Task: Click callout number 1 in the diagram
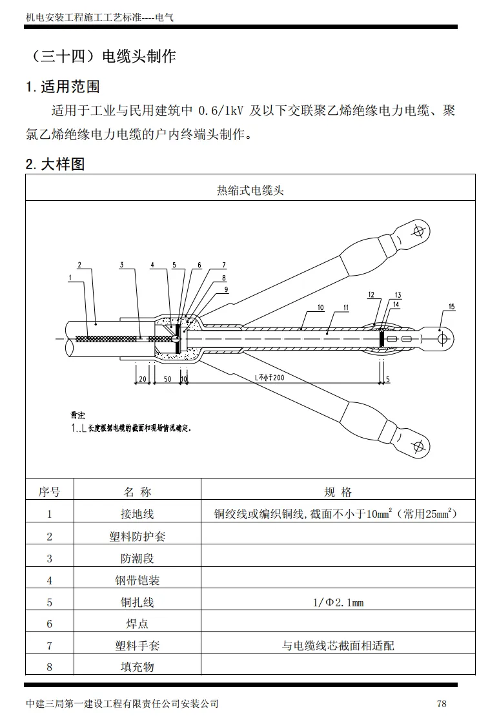(x=70, y=277)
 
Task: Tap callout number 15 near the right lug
(x=451, y=306)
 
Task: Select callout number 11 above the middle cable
(x=345, y=307)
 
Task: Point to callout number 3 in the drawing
(x=122, y=265)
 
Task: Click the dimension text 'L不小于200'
(x=269, y=377)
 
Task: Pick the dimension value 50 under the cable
(x=167, y=379)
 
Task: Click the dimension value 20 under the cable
(x=142, y=379)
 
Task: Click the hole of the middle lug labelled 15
(x=442, y=338)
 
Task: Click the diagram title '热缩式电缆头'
(x=250, y=190)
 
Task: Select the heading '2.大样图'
(x=55, y=164)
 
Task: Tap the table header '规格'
(x=338, y=492)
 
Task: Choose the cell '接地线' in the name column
(x=138, y=514)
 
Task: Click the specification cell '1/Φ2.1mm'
(x=338, y=602)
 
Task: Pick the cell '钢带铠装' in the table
(x=138, y=581)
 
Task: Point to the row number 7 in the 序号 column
(x=50, y=646)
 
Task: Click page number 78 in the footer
(x=442, y=703)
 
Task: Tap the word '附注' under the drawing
(x=77, y=415)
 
